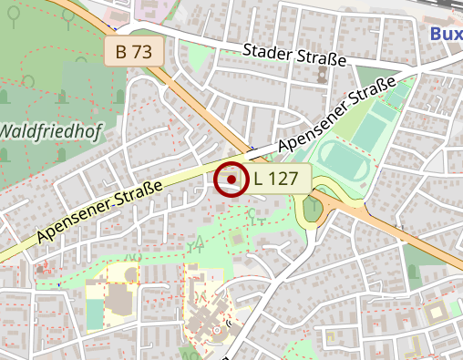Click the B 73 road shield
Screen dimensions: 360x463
pos(134,51)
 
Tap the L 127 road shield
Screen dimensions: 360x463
pos(276,179)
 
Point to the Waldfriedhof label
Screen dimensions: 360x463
pos(50,130)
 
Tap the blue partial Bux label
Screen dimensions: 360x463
pos(446,34)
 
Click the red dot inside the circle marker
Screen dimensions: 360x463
pos(232,180)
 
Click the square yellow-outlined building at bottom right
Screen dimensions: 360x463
pos(436,312)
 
